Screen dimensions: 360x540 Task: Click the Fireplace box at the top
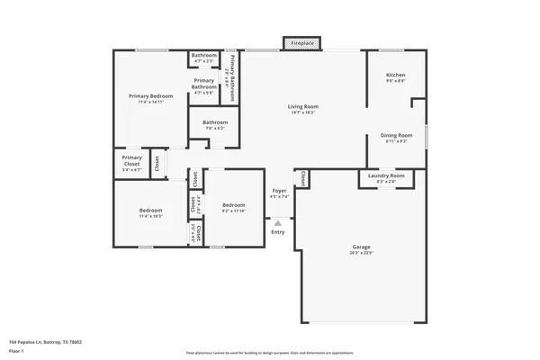coord(300,43)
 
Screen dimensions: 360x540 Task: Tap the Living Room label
coord(303,107)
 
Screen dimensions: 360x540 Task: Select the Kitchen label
coord(395,75)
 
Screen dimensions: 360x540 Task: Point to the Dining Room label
coord(397,135)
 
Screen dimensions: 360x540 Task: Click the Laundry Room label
coord(386,175)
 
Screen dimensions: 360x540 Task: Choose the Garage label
coord(361,247)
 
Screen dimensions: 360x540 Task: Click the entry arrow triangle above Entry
coord(278,222)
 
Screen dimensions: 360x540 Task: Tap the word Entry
coord(278,232)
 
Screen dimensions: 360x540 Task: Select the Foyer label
coord(280,191)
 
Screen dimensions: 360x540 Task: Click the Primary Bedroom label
coord(150,95)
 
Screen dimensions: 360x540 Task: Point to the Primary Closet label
coord(131,161)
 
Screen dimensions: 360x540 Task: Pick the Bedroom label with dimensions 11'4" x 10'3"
coord(150,211)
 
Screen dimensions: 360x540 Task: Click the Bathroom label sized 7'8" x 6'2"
coord(214,122)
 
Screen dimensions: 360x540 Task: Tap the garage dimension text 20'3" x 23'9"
coord(361,253)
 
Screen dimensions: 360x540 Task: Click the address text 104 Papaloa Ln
coord(44,342)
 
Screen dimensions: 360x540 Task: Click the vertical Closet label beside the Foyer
coord(302,178)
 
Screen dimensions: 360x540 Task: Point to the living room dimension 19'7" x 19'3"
coord(303,113)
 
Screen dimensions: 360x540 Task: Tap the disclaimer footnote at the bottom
coord(270,352)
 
